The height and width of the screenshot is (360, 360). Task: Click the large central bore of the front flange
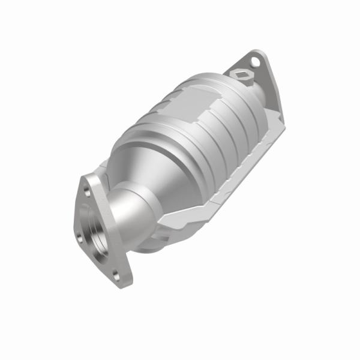point(95,231)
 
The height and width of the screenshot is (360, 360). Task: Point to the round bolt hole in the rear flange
point(255,61)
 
